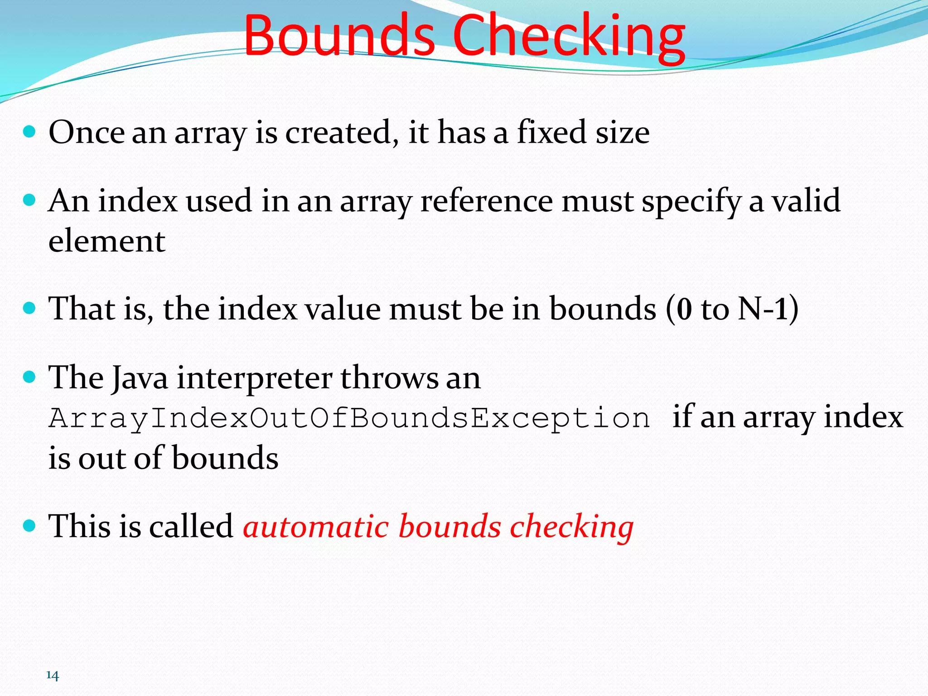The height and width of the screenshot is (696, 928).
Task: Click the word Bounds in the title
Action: (339, 35)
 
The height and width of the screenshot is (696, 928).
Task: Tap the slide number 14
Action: (53, 676)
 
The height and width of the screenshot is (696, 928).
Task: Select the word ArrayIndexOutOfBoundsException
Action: (349, 418)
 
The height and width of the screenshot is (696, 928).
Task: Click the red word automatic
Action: (316, 527)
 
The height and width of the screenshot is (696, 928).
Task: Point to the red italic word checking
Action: (571, 528)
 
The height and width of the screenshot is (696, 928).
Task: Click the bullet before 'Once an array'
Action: (29, 132)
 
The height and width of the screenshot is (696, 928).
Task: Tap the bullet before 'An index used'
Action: (29, 200)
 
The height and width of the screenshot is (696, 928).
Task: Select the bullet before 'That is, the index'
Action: (29, 309)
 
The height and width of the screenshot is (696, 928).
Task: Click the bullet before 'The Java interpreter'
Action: (29, 377)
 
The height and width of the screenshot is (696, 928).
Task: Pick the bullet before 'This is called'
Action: (29, 526)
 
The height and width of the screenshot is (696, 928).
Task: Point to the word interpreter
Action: (254, 378)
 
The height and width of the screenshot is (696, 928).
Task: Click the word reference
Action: (487, 200)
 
